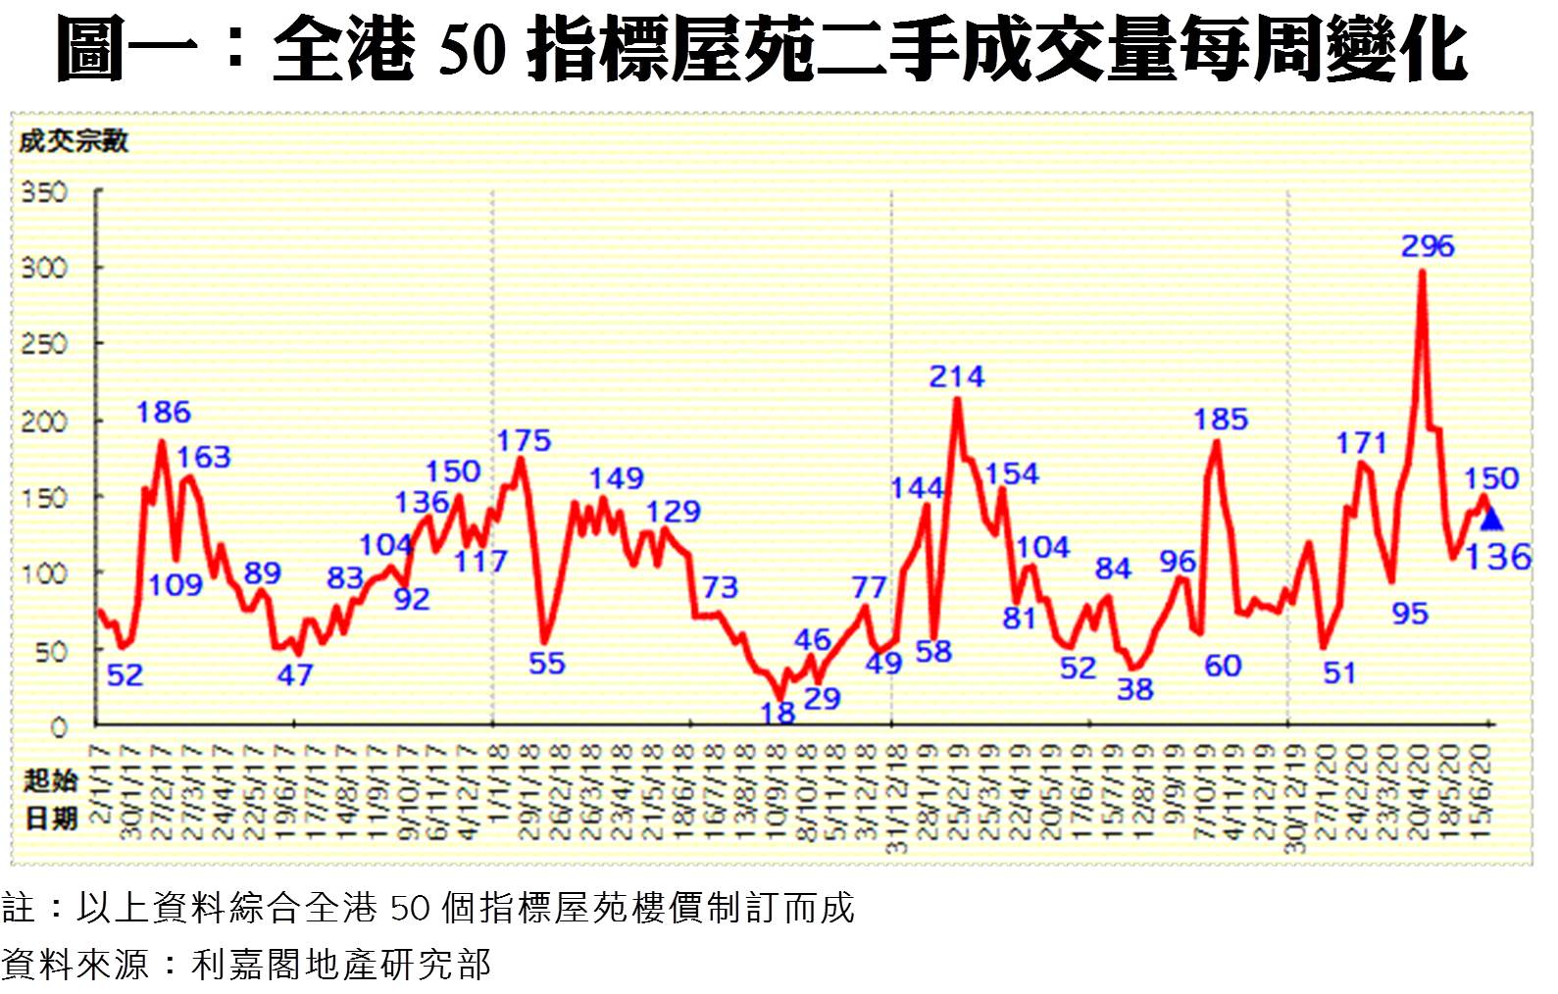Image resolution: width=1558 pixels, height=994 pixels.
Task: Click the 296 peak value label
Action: (1427, 246)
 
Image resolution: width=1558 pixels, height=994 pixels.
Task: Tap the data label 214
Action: (956, 376)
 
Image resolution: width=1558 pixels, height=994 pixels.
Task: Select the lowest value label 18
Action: (778, 714)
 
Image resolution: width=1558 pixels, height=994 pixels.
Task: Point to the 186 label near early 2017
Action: (163, 412)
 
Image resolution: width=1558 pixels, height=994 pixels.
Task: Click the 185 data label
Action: (1220, 420)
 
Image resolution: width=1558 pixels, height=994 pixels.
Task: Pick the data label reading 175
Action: (524, 441)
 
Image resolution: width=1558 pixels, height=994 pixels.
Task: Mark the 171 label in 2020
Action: (1361, 443)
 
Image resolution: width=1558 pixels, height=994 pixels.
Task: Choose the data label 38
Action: (1134, 689)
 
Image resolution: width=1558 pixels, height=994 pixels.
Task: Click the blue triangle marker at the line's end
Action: (1491, 519)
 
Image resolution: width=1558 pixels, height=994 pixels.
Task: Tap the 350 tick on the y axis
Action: (44, 191)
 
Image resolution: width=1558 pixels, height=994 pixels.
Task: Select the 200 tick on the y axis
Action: (44, 422)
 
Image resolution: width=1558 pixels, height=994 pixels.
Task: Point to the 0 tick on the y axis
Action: (58, 727)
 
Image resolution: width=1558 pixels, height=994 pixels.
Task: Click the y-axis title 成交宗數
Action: (74, 142)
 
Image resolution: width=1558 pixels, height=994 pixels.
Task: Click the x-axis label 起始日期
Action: (50, 798)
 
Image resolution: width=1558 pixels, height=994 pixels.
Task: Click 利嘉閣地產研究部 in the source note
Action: (340, 965)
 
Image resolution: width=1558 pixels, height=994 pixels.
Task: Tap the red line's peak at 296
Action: (1422, 273)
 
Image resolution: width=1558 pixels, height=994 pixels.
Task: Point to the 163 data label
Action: (204, 457)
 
